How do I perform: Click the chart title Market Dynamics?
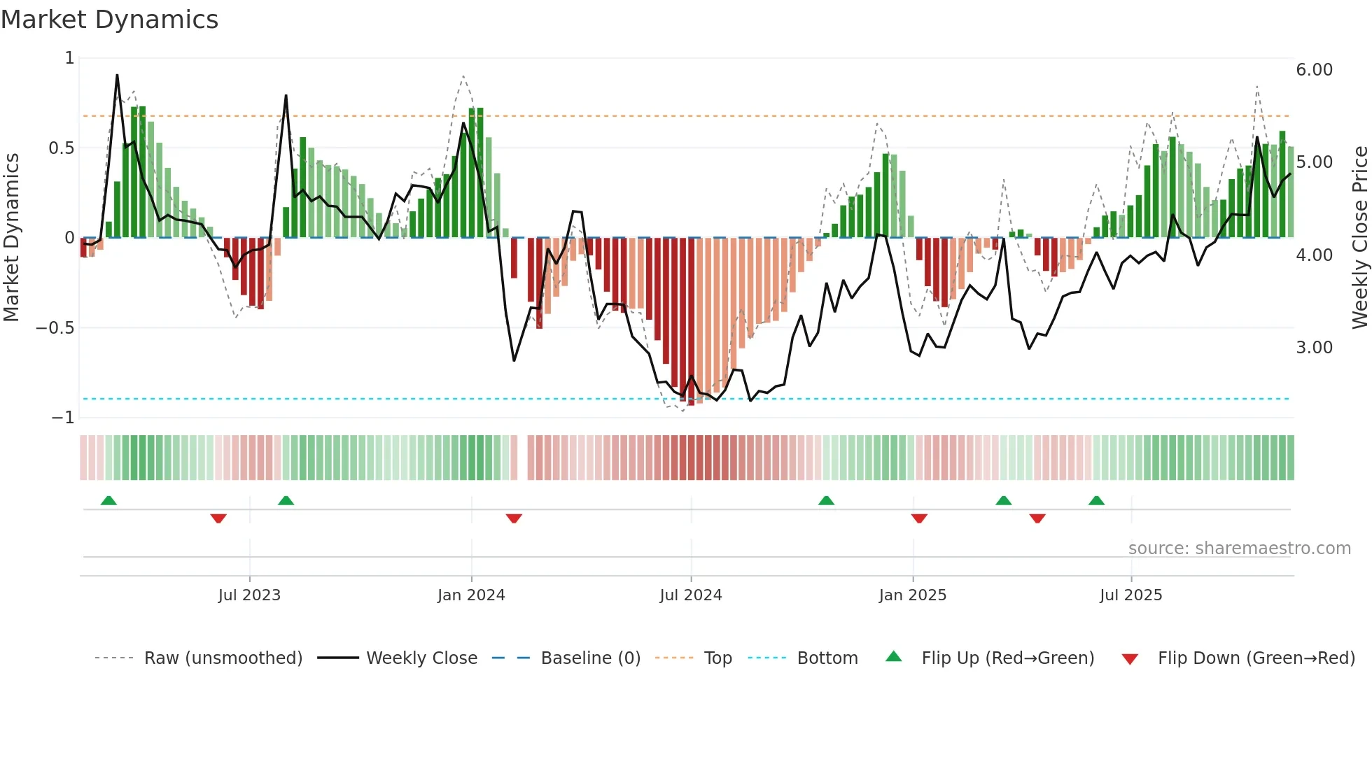[109, 20]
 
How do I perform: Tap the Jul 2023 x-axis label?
[249, 595]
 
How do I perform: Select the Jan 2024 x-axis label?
[471, 595]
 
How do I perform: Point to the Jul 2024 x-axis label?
[690, 595]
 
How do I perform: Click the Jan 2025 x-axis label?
[912, 595]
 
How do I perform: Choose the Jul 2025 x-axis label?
[1130, 595]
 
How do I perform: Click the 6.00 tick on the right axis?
[1314, 70]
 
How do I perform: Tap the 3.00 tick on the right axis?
[1314, 348]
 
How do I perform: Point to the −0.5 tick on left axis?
[55, 328]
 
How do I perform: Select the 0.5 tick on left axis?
[61, 148]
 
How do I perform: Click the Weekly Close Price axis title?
[1359, 237]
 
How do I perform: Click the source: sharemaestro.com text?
[1239, 549]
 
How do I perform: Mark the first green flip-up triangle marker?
[108, 500]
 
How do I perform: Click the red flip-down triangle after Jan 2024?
[514, 518]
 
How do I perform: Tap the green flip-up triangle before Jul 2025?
[1096, 500]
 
